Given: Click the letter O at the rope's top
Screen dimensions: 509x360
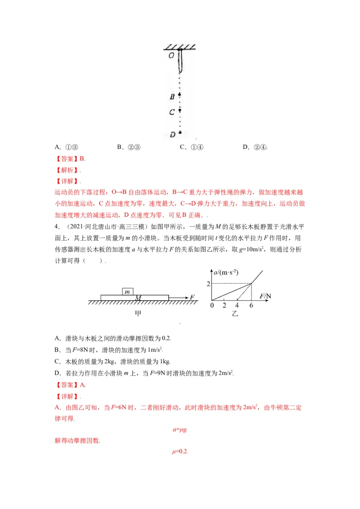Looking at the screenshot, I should [x=171, y=56].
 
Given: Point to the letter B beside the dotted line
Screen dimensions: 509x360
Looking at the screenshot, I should [x=171, y=96].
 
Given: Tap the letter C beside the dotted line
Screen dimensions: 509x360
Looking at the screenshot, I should [x=171, y=112].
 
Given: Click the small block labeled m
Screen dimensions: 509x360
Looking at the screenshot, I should [x=128, y=291].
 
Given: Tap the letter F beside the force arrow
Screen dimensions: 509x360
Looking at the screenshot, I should [x=192, y=297].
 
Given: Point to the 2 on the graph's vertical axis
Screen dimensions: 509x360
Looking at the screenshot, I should [x=208, y=283].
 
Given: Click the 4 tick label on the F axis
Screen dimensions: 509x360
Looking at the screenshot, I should [x=237, y=305].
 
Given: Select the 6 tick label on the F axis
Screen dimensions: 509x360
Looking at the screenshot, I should [x=251, y=305].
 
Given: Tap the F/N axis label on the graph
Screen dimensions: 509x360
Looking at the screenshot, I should [x=266, y=295].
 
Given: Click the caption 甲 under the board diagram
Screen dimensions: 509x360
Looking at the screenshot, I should [x=138, y=313].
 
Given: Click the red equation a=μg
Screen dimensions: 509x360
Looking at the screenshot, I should [x=180, y=429].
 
